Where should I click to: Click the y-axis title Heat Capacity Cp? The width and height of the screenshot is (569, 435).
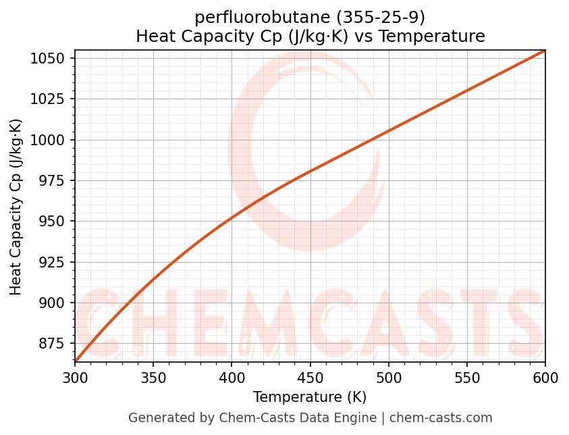coord(16,207)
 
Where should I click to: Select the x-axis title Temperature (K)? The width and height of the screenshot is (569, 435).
coord(310,397)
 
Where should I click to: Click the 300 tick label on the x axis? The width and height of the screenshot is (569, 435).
coord(75,378)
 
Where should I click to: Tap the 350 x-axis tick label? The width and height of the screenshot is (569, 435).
coord(153,378)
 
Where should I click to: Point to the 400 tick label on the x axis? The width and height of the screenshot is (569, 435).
coord(232,378)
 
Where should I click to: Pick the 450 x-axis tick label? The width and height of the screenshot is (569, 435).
coord(310,378)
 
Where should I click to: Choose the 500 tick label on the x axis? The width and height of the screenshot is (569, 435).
coord(388,378)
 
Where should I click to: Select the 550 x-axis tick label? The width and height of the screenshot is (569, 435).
coord(466,378)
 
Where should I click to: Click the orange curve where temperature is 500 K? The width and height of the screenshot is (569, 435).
coord(388,132)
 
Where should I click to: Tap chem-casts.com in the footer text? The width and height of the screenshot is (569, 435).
coord(441,418)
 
